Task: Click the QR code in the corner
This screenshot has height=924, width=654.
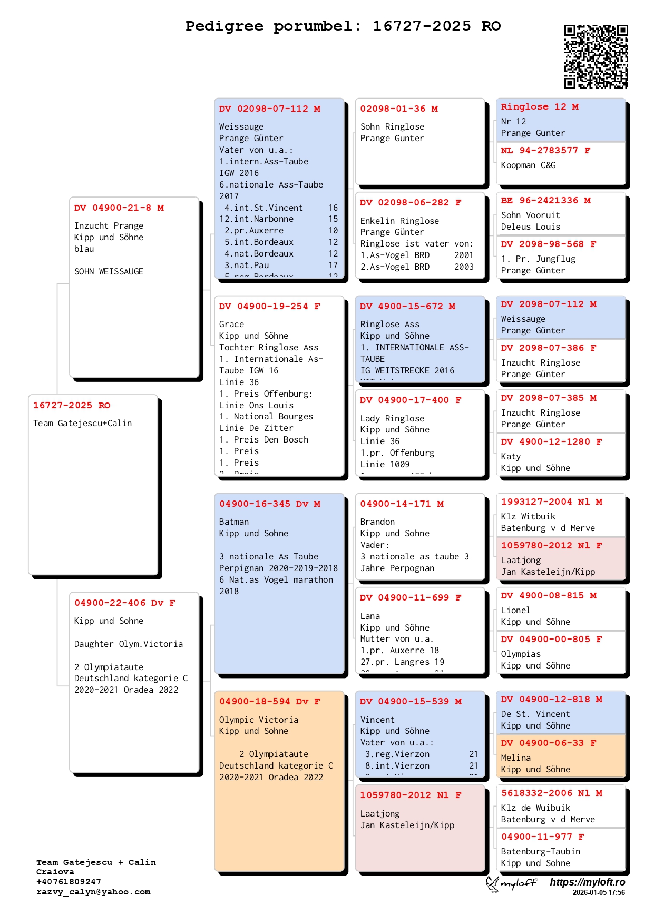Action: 596,56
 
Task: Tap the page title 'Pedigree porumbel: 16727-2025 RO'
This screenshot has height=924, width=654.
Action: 343,26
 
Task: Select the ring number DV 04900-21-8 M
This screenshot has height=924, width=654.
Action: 119,208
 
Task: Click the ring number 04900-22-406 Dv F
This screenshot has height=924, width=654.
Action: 124,603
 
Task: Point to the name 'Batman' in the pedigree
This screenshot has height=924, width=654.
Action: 234,522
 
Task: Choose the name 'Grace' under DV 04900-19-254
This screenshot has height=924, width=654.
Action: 231,325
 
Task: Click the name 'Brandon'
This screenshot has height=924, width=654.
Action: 377,522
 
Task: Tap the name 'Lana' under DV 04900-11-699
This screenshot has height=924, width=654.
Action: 370,616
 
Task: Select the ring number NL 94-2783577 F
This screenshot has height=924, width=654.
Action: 545,151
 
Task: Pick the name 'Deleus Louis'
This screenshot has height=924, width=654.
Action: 530,227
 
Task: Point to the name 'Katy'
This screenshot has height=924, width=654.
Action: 511,457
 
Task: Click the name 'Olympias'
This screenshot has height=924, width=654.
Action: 521,654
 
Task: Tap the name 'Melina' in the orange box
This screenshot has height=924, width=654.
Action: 516,758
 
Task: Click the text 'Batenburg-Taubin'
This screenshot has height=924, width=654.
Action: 540,852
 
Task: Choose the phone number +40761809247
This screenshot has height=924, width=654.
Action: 69,882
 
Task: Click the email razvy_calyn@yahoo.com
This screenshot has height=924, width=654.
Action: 93,892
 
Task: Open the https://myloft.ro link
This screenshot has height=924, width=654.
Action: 587,882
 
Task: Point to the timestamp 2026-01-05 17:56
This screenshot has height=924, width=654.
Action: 599,892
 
